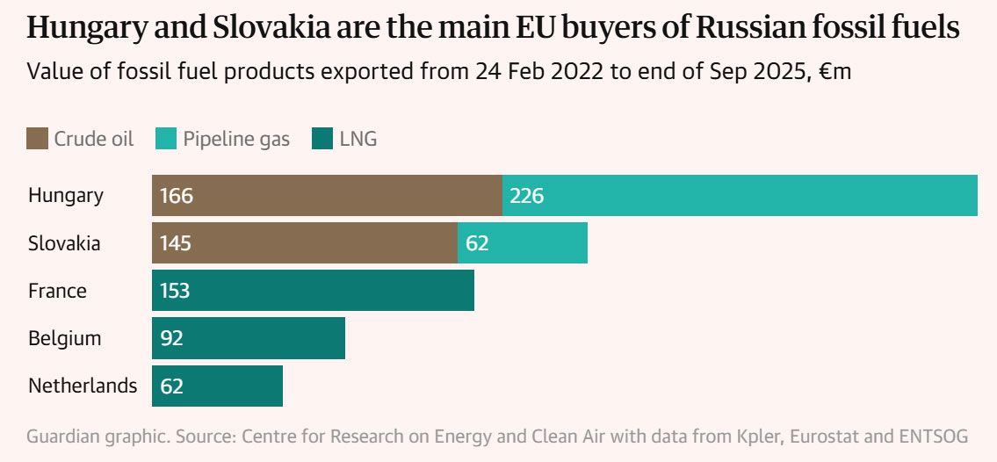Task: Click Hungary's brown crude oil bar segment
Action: tap(327, 195)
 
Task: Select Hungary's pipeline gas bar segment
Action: tap(740, 195)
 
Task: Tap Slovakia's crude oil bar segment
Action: tap(305, 242)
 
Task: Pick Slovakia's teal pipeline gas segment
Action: tap(523, 242)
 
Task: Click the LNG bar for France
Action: tap(313, 290)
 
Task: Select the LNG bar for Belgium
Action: tap(249, 337)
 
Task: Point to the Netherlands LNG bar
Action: tap(217, 386)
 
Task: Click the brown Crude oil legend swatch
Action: tap(38, 139)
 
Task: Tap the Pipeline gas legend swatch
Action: tap(166, 139)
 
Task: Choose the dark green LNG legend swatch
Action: tap(322, 139)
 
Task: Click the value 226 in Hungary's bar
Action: tap(527, 196)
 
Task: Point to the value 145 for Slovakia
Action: tap(176, 243)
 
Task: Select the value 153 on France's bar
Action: tap(176, 291)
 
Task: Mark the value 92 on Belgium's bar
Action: tap(171, 338)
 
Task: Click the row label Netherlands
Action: tap(83, 386)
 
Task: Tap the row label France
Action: tap(57, 291)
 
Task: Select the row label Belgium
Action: tap(64, 338)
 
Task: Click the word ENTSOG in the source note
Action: tap(937, 437)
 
